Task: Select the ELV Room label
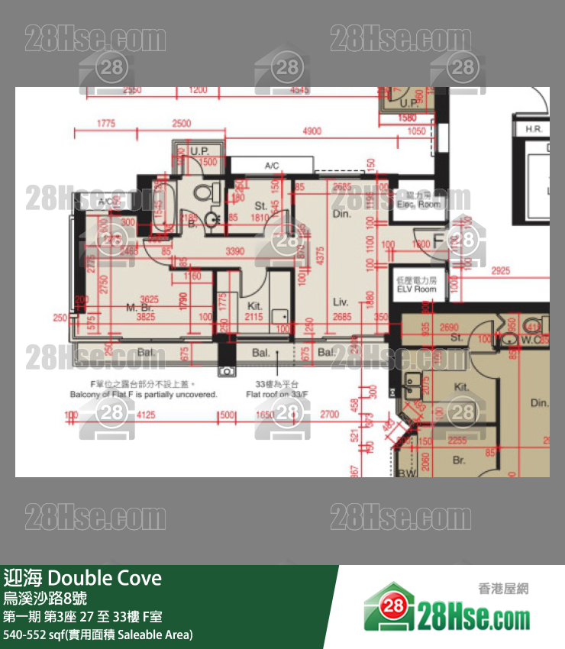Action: click(416, 286)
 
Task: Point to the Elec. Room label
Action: click(418, 200)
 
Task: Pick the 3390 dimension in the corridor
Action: click(235, 250)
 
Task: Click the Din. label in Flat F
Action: click(341, 215)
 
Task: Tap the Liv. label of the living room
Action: click(341, 302)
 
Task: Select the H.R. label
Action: click(534, 130)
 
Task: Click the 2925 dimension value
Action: click(500, 271)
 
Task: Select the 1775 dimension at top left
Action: click(106, 124)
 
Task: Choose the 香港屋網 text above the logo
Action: click(503, 588)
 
